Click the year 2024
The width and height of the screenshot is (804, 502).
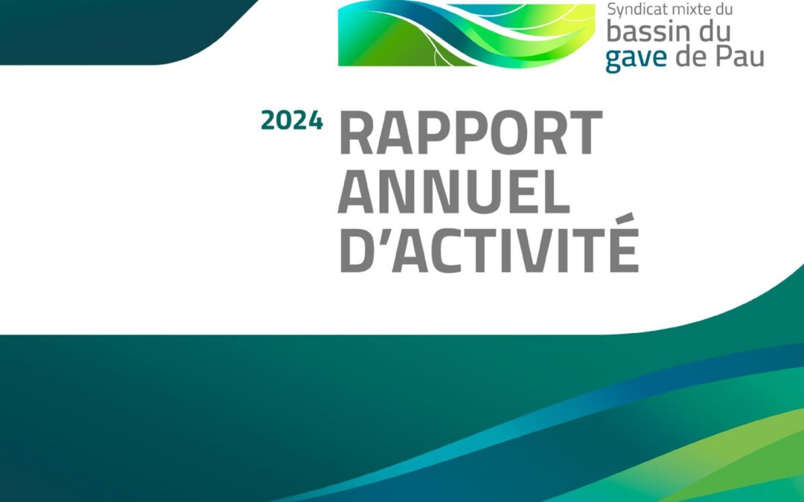coord(292,120)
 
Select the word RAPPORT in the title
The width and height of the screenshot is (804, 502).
coord(470,132)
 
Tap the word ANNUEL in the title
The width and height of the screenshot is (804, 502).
coord(454,192)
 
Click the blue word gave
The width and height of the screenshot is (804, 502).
coord(636,59)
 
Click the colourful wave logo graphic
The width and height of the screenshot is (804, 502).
coord(467,33)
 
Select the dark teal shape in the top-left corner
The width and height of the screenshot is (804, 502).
coord(123,32)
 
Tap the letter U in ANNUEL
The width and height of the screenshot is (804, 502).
coord(484,192)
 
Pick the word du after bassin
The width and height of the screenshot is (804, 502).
coord(715,32)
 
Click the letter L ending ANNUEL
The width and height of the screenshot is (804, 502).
coord(555,192)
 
